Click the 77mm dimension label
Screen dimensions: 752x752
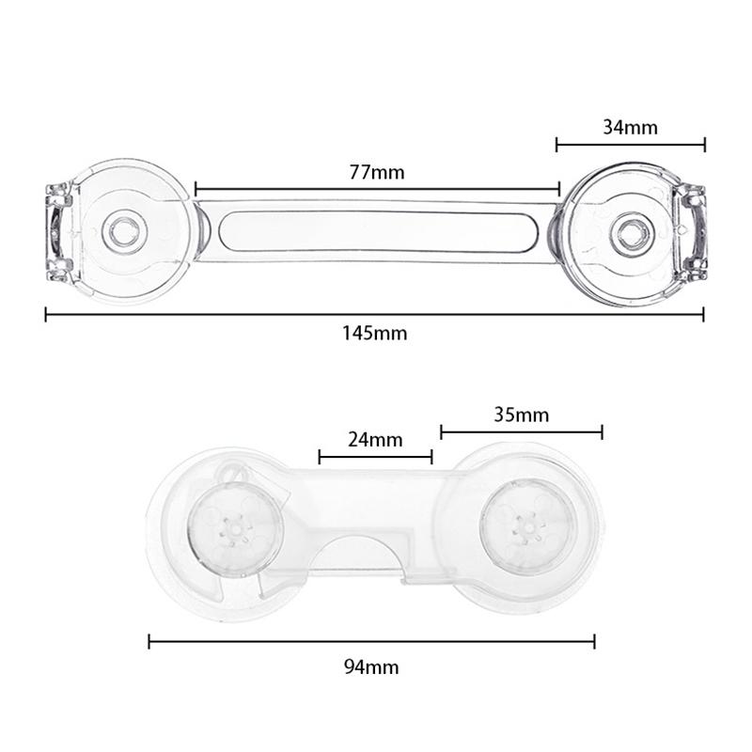point(375,172)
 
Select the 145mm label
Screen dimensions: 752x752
point(375,333)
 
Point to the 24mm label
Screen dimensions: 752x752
point(375,439)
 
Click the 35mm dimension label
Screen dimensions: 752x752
point(521,415)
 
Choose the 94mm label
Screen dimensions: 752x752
point(371,667)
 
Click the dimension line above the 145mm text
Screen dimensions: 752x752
point(375,314)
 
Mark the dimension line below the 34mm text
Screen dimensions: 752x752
point(631,145)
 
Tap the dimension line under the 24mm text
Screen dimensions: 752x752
point(375,457)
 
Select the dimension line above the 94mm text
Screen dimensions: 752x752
point(371,642)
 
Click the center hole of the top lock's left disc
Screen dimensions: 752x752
point(120,230)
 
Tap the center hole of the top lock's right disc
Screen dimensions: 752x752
point(629,230)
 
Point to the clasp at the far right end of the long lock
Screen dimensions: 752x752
point(693,231)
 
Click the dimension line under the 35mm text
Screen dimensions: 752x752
point(521,432)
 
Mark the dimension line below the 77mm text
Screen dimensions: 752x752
point(376,189)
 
